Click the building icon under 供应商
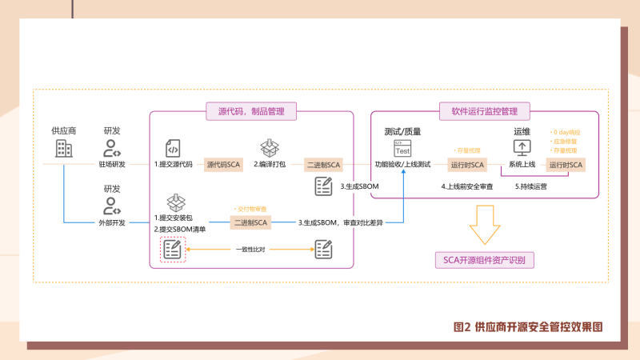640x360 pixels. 64,148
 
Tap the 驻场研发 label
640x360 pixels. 112,164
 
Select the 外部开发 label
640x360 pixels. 112,222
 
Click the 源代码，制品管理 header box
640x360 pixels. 251,111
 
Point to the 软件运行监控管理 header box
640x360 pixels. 485,111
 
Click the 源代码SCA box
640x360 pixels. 224,164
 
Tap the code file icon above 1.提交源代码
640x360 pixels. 173,148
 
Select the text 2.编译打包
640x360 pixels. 272,164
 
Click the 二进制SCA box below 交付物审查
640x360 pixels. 250,222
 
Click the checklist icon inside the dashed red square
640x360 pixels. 172,250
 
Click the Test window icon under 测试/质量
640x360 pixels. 402,149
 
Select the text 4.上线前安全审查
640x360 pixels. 467,186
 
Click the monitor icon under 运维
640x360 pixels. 522,148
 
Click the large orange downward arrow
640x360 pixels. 485,226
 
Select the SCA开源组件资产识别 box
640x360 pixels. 485,260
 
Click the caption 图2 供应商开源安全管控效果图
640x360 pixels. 527,326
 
